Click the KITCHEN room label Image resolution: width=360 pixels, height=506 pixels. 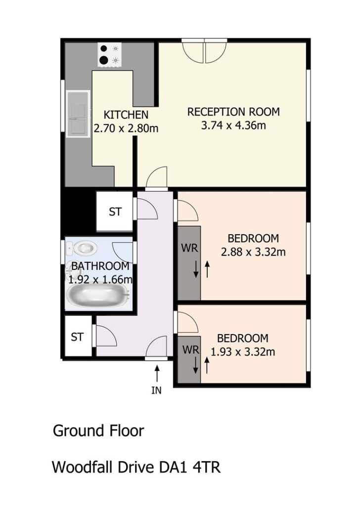[x=126, y=115]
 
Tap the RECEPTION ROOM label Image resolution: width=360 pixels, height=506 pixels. [x=233, y=112]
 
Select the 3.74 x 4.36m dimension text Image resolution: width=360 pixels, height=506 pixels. [x=233, y=125]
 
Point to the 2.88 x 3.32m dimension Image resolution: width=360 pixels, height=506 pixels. [x=253, y=252]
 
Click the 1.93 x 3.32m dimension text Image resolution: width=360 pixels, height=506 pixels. [x=243, y=351]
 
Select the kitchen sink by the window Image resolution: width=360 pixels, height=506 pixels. [x=78, y=114]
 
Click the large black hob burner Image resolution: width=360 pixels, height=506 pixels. [x=104, y=60]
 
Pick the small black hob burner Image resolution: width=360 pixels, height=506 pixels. [x=104, y=49]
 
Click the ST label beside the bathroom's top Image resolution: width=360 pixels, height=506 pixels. [x=115, y=211]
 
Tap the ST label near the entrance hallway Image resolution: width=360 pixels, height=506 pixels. [x=77, y=337]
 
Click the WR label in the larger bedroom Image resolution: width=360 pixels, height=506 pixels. [x=189, y=248]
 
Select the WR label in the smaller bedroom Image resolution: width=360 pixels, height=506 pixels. [x=190, y=349]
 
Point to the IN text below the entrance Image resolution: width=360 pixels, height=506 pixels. [x=156, y=390]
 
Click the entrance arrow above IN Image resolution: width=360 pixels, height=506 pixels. [x=157, y=373]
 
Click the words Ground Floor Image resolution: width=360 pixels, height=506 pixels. [x=98, y=431]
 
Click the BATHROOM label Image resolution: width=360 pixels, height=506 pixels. [x=100, y=266]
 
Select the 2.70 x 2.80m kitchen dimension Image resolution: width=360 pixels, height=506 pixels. [x=126, y=128]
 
